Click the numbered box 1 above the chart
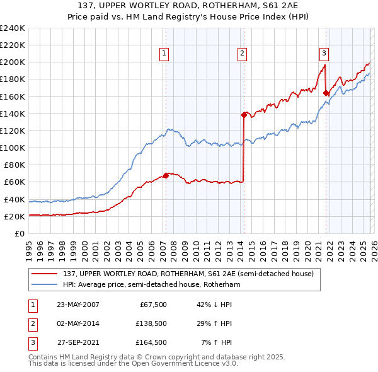coord(164,54)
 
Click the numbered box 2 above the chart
coord(242,54)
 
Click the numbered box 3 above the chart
coord(324,54)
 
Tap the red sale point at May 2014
coord(244,115)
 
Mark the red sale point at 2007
coord(166,175)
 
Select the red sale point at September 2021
coord(326,93)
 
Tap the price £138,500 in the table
coord(151,323)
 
